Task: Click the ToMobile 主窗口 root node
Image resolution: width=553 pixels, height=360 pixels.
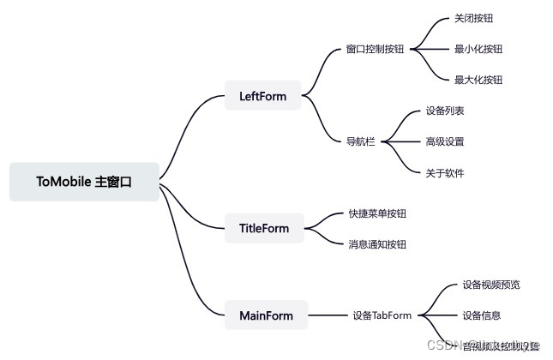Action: [x=84, y=182]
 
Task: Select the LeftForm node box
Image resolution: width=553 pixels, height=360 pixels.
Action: [x=262, y=95]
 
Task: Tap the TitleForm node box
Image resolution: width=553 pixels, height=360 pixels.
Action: [x=264, y=228]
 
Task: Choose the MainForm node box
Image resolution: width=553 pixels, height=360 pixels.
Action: [x=266, y=315]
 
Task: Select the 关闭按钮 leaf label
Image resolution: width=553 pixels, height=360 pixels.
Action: [x=474, y=18]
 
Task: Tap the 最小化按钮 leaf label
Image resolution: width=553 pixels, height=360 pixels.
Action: [x=478, y=49]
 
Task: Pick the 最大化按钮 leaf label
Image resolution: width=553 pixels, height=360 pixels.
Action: [x=478, y=80]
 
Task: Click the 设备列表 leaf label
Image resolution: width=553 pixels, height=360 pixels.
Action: [x=445, y=111]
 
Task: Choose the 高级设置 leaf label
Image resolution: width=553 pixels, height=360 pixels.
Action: [x=445, y=141]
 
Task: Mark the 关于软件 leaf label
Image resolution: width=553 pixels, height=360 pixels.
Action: [x=445, y=172]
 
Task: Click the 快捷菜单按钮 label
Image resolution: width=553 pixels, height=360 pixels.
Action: [x=377, y=213]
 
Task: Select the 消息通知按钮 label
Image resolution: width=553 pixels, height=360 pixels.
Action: [x=377, y=244]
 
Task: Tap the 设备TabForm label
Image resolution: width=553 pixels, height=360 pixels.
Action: [x=382, y=315]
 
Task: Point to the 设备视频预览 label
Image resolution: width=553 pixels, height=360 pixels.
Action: [x=490, y=285]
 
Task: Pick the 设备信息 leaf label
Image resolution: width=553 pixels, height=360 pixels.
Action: [x=481, y=315]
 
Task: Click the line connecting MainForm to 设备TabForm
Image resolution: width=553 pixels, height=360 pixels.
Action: [x=326, y=315]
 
